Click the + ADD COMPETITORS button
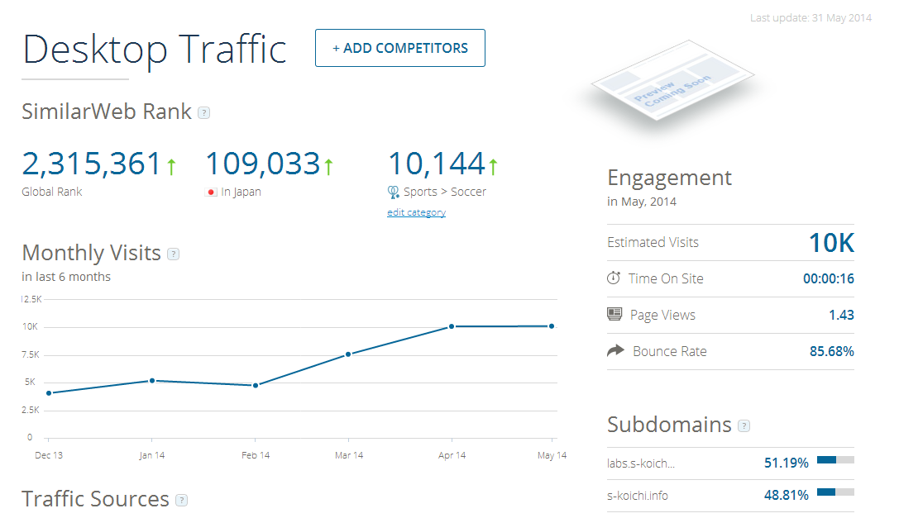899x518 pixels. [x=400, y=48]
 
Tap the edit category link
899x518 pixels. [x=416, y=212]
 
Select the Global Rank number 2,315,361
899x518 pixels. [x=92, y=164]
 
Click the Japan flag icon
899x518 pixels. [x=211, y=192]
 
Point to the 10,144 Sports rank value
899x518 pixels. [x=437, y=164]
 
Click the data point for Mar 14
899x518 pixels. [x=348, y=354]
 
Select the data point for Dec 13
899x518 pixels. [x=49, y=393]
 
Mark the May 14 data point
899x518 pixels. [x=552, y=326]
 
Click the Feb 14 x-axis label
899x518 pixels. [x=256, y=455]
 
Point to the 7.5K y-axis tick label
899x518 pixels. [x=31, y=354]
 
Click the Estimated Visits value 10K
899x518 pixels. [x=831, y=243]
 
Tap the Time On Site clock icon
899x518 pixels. [x=614, y=278]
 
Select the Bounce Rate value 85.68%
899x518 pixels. [x=831, y=351]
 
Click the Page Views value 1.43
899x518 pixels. [x=841, y=315]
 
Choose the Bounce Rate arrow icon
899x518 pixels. [x=614, y=351]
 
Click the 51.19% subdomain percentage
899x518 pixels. [x=786, y=463]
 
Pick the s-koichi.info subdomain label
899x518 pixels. [x=638, y=496]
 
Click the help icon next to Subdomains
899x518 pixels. [x=744, y=426]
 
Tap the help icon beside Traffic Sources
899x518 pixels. [x=182, y=501]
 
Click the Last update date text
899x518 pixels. [x=811, y=17]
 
